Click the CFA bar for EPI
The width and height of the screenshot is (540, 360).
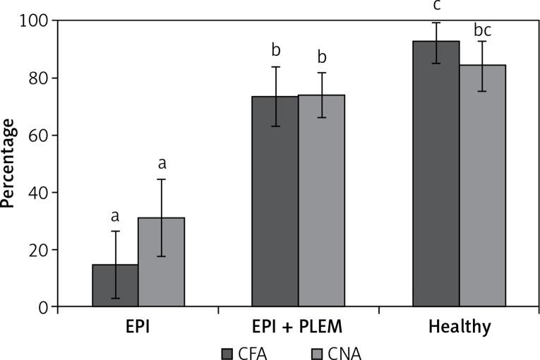pos(115,285)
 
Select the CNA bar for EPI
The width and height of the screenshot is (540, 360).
pos(162,262)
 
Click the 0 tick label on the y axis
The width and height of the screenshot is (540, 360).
pos(44,307)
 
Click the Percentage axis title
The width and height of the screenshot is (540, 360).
pos(9,163)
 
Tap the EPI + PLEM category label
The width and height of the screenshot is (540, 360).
pos(298,328)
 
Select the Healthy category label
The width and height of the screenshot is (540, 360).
pos(459,328)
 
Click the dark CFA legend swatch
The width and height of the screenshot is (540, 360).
pos(227,352)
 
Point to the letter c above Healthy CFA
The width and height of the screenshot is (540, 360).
pos(436,6)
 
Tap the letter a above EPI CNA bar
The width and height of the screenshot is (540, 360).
pos(162,164)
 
